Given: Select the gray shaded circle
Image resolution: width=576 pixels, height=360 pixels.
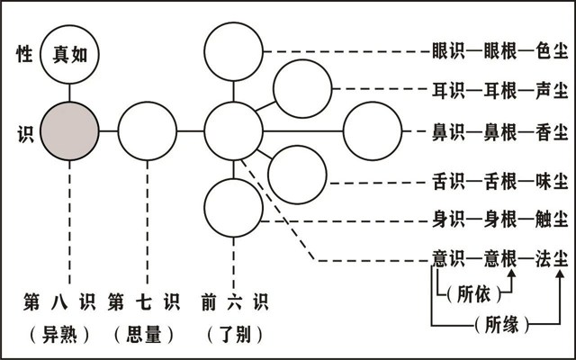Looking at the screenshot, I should (x=69, y=130).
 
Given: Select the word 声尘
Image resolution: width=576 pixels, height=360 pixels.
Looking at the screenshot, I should (x=548, y=90).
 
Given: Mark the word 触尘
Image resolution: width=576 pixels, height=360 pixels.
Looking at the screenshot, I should (x=548, y=219).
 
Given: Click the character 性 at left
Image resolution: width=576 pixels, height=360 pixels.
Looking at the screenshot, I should (x=24, y=53).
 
